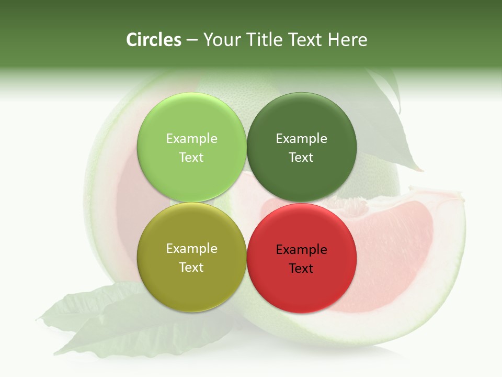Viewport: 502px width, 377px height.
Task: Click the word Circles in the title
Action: point(153,40)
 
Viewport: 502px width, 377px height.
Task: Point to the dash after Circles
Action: point(192,40)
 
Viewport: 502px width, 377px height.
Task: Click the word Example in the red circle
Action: point(301,250)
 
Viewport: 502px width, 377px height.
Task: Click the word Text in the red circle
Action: point(301,269)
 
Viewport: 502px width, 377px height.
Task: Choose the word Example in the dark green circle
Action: point(301,139)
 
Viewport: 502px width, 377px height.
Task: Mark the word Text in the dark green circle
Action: point(301,158)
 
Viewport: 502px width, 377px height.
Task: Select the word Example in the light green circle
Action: point(191,139)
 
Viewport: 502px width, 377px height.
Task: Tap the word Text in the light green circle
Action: point(191,158)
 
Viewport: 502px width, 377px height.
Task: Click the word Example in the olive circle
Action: point(191,249)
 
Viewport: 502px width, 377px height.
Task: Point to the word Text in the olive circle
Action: point(191,268)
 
